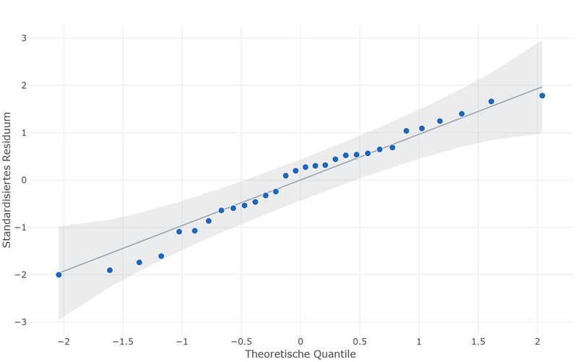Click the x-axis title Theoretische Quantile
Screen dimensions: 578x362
[x=301, y=354]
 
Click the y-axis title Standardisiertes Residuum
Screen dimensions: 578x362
[x=7, y=180]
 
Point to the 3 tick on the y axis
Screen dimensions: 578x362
[x=24, y=38]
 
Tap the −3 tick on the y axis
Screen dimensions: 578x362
[x=21, y=322]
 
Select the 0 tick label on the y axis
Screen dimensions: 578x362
[x=24, y=180]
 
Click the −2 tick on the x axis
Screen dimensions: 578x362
[x=64, y=342]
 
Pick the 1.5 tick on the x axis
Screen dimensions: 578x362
[x=478, y=342]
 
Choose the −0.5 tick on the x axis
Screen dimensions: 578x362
[x=241, y=342]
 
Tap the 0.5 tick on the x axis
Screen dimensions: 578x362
[x=360, y=342]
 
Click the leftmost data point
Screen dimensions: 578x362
[x=59, y=275]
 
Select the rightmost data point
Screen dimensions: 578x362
[x=542, y=95]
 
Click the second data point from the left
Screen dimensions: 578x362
[x=110, y=270]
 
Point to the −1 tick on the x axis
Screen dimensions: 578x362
[x=182, y=342]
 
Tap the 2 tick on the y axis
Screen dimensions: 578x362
[x=24, y=85]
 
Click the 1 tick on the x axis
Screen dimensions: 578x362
[x=419, y=342]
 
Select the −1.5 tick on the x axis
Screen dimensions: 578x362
[x=122, y=342]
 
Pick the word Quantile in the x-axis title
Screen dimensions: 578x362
[x=335, y=354]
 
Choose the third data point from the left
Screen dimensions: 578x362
[x=139, y=262]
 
